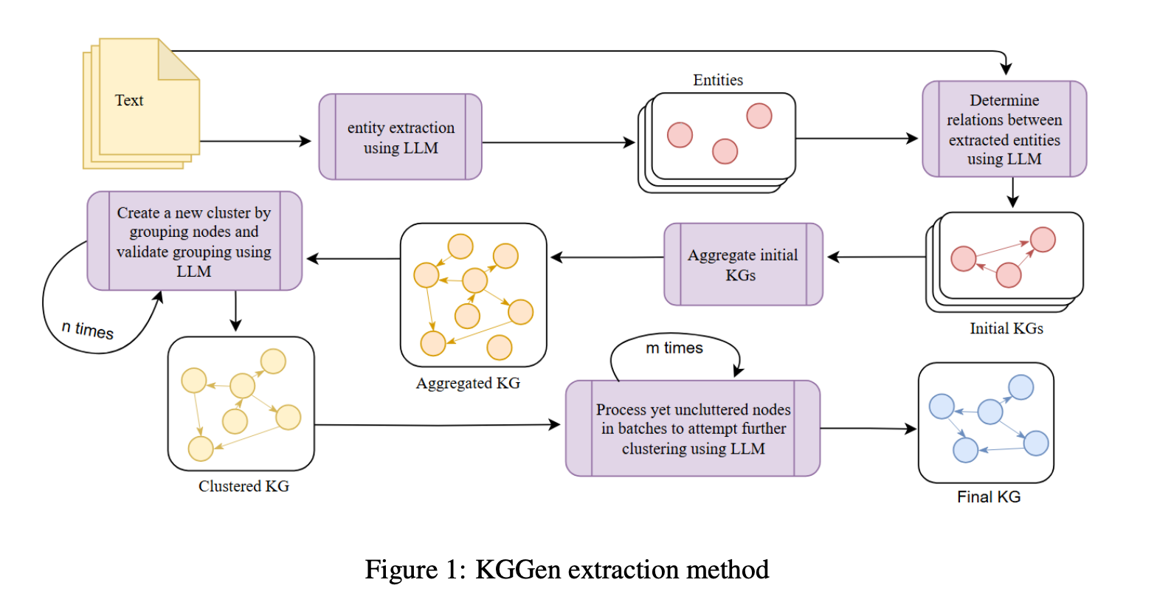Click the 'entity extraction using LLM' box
tap(400, 137)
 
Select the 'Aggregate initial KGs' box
tap(743, 264)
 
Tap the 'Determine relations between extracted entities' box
tap(1005, 128)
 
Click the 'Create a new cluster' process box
tap(194, 241)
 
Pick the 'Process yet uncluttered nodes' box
tap(693, 429)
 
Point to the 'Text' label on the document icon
tap(129, 100)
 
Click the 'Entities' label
tap(718, 80)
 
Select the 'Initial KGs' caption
tap(1006, 328)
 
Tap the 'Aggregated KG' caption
tap(468, 384)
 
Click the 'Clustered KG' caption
tap(244, 486)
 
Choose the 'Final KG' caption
tap(989, 497)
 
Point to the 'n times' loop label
tap(87, 330)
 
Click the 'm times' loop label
tap(674, 348)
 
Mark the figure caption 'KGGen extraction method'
tap(622, 570)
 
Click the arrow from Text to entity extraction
tap(255, 141)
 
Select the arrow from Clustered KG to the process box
tap(438, 425)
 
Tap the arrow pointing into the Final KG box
tap(868, 429)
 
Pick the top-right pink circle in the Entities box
tap(759, 116)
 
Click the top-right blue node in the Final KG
tap(1021, 387)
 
